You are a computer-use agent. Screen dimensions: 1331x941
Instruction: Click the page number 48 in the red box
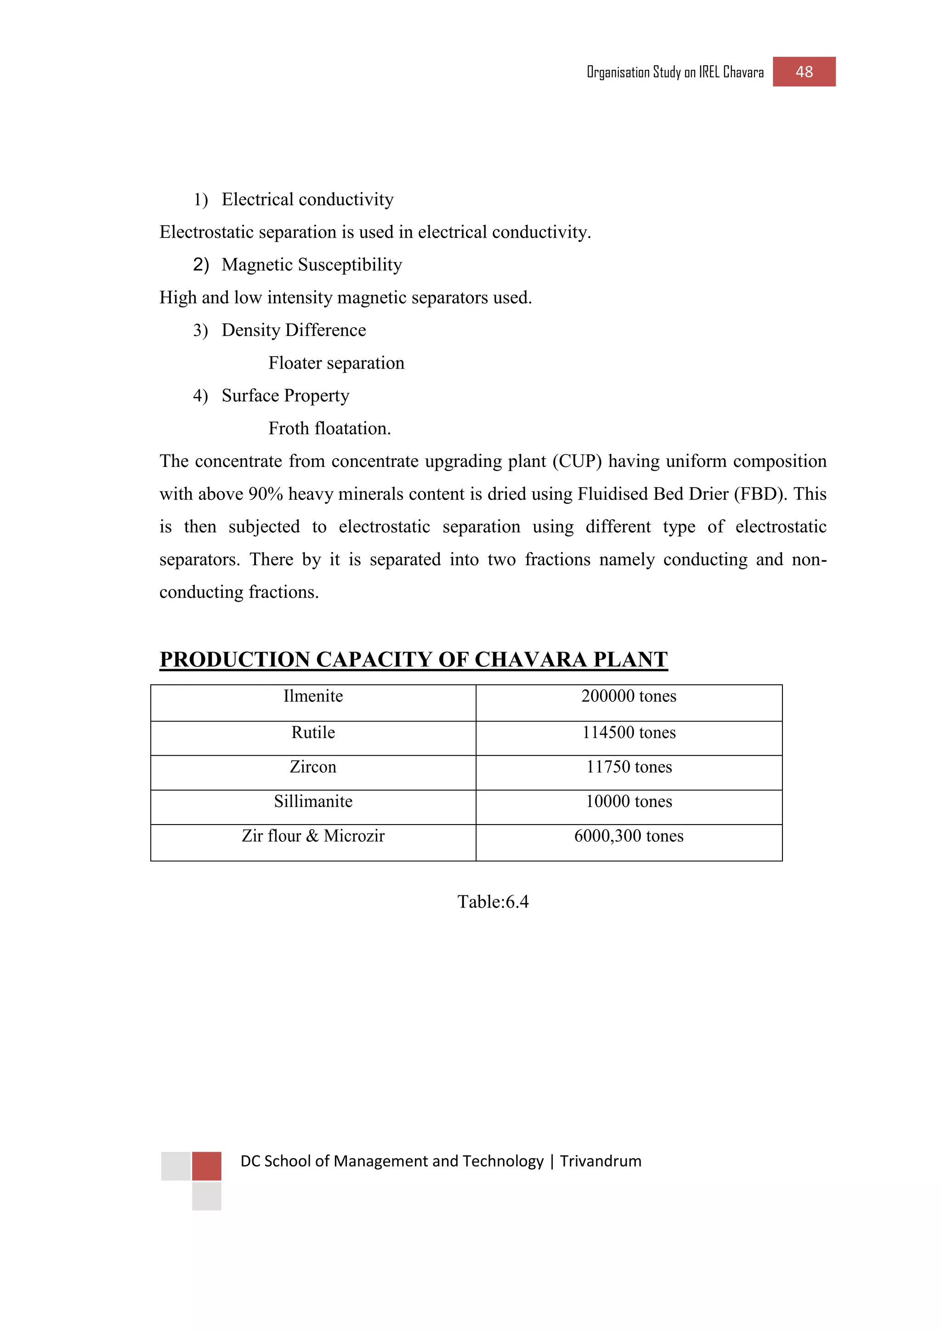(804, 72)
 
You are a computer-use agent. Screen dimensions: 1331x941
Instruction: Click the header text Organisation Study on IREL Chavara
(675, 73)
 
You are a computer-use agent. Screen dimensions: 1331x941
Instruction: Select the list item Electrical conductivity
(307, 199)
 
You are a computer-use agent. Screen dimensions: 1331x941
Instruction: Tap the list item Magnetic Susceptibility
(311, 265)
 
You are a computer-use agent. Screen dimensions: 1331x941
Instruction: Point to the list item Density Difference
(293, 330)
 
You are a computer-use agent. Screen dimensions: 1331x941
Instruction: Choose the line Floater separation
(336, 363)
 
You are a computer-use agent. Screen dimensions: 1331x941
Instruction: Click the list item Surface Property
(285, 396)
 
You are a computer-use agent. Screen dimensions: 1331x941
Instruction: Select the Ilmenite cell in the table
(313, 696)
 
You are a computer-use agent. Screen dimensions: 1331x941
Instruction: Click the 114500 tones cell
(629, 733)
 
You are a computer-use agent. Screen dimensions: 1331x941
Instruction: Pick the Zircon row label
(313, 767)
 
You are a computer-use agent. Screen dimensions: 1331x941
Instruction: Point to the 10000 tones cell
(629, 802)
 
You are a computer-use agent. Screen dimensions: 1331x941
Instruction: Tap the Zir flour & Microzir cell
(313, 836)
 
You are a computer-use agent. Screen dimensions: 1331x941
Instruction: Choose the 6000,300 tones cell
(629, 836)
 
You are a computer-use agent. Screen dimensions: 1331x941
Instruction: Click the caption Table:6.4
(493, 902)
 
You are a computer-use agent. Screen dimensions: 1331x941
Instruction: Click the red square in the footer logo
(206, 1166)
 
